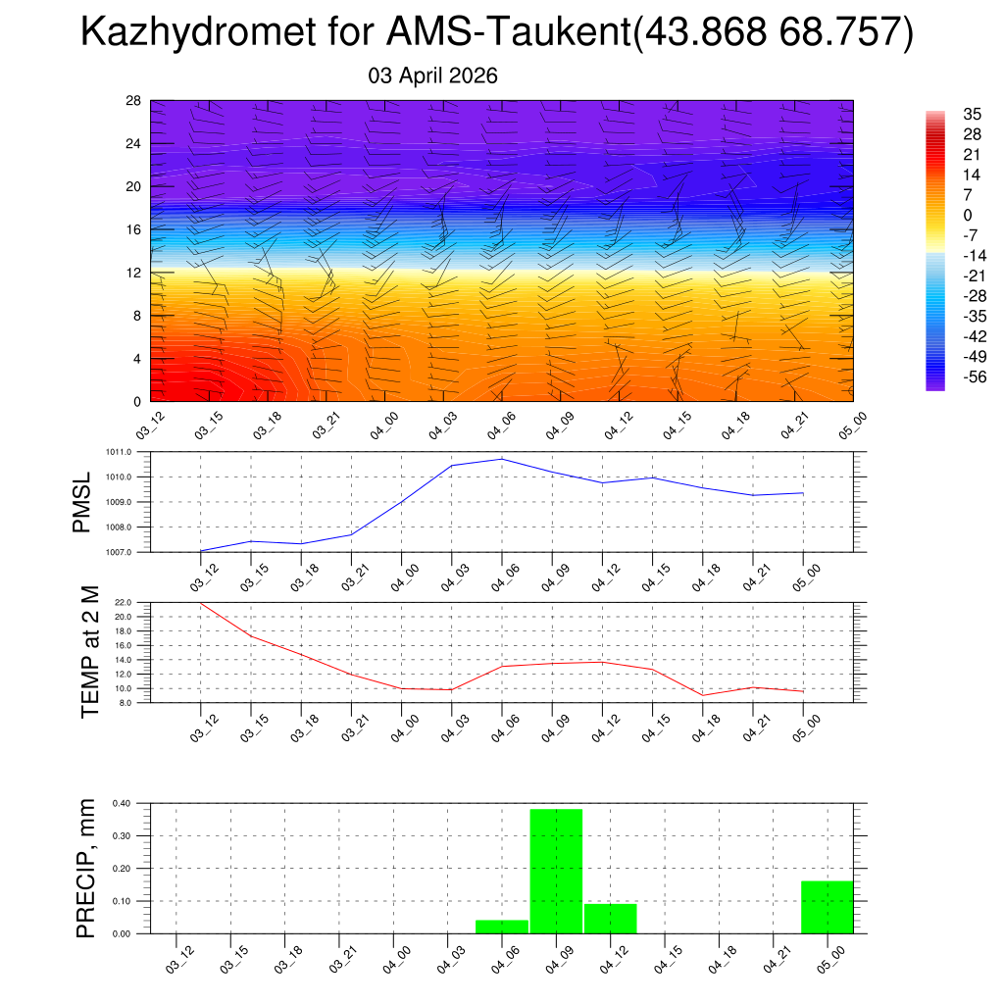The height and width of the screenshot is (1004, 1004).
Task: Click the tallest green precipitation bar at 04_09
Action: click(x=556, y=871)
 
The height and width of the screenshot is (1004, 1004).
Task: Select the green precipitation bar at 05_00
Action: click(x=827, y=907)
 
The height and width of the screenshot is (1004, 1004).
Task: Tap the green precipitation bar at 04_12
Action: click(x=610, y=919)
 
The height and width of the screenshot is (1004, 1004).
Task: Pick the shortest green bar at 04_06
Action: click(x=502, y=927)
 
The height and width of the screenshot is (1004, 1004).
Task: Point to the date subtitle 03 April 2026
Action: click(x=432, y=75)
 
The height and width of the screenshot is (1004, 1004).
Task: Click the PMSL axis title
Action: click(x=83, y=502)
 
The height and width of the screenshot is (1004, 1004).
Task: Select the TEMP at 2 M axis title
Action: click(x=91, y=652)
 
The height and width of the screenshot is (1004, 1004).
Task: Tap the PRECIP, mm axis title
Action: click(x=86, y=868)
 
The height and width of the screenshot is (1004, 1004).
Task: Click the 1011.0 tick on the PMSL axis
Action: click(x=130, y=452)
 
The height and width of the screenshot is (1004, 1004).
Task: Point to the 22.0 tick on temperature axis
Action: click(x=135, y=602)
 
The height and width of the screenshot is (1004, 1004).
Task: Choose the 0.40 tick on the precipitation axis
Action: click(x=122, y=803)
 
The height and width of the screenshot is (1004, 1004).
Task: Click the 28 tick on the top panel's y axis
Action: click(x=133, y=101)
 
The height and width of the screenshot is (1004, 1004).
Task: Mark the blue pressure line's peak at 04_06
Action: click(x=502, y=459)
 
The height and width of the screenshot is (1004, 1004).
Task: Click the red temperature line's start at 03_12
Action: click(x=201, y=603)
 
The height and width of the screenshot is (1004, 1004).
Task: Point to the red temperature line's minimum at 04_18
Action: click(x=703, y=695)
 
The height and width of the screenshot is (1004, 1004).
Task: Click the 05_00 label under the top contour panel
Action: click(x=844, y=427)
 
